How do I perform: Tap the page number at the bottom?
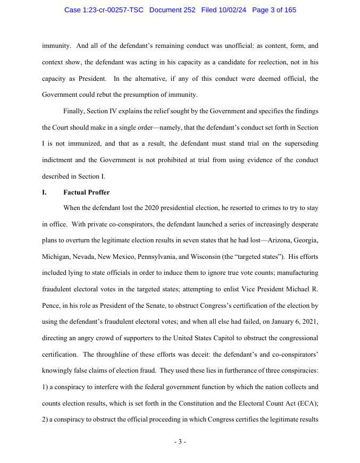[x=180, y=442]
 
